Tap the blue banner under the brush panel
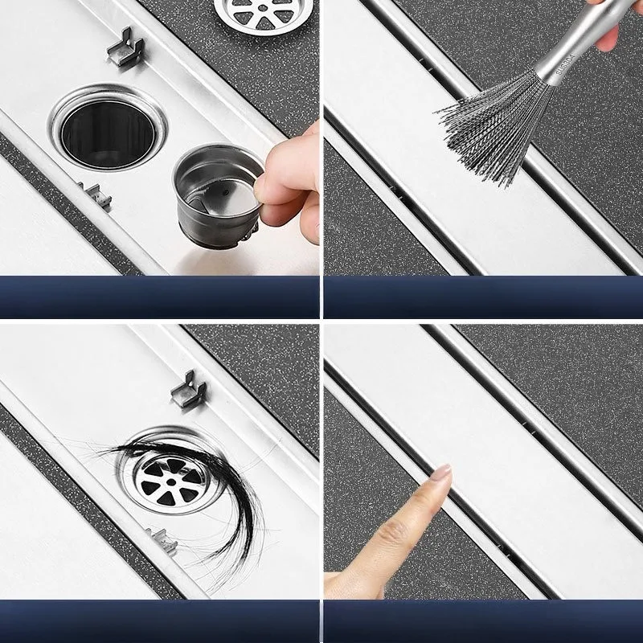coord(483,297)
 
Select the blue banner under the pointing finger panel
coord(483,620)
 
